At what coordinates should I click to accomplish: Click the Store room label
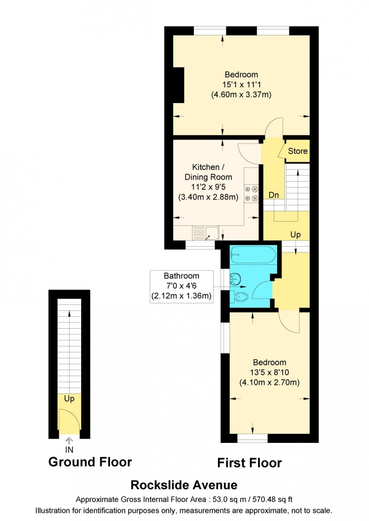[298, 151]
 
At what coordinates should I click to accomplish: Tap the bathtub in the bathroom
[253, 255]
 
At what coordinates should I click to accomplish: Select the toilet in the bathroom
[240, 296]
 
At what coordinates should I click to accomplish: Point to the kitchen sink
[205, 232]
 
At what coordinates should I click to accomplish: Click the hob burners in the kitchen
[251, 193]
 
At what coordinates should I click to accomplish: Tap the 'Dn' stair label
[274, 195]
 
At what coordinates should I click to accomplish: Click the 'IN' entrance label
[69, 449]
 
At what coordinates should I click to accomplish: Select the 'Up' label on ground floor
[69, 399]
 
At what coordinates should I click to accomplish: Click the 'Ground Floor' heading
[90, 462]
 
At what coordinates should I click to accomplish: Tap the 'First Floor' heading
[249, 463]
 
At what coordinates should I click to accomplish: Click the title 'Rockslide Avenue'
[184, 485]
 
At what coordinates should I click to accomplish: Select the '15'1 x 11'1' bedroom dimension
[241, 85]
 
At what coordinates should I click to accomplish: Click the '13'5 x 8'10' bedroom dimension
[269, 372]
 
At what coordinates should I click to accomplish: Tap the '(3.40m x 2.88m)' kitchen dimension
[208, 197]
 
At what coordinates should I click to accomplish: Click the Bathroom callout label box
[181, 286]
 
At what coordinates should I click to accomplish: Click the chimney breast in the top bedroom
[178, 85]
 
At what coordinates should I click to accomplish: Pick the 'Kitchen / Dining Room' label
[208, 172]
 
